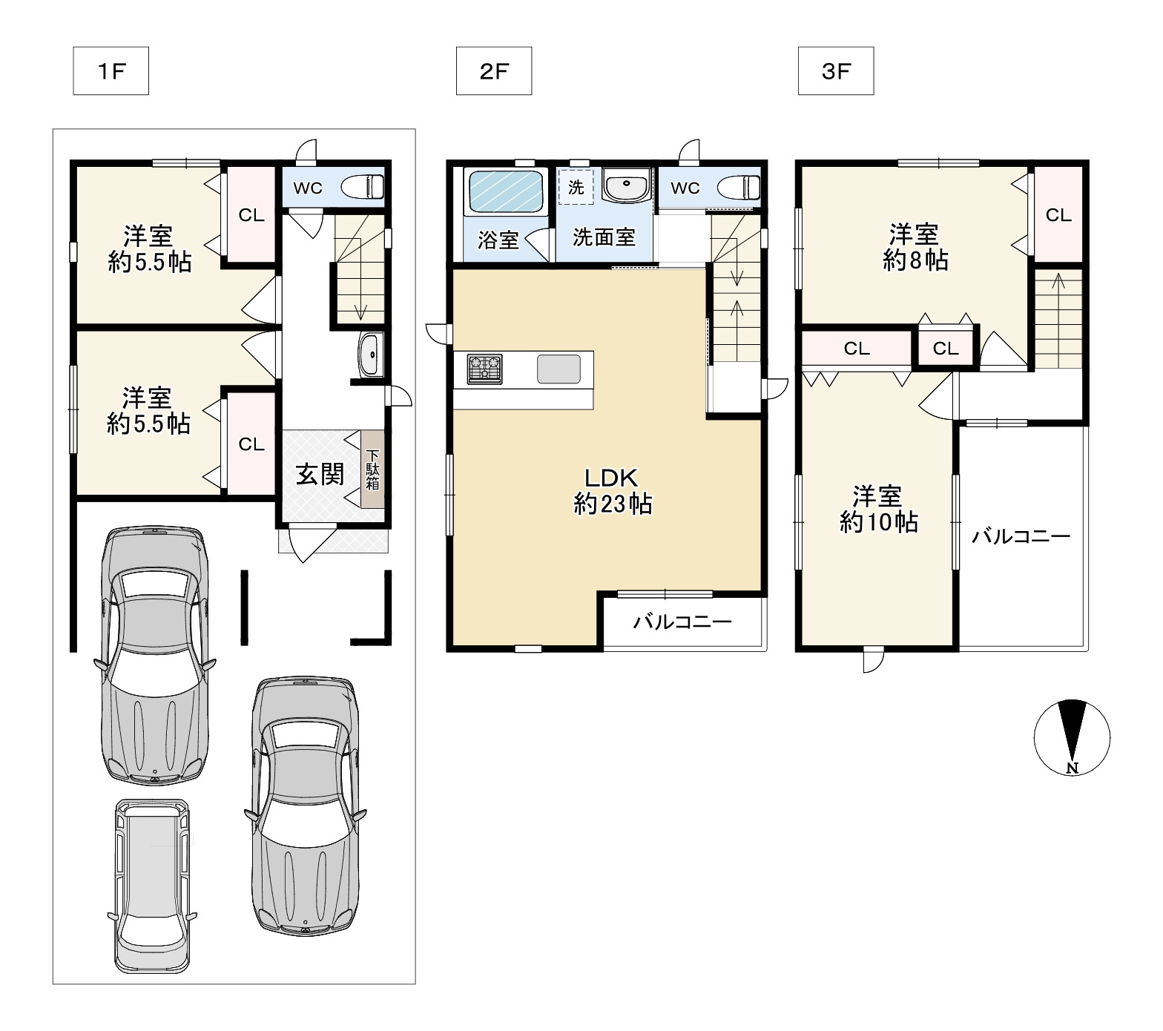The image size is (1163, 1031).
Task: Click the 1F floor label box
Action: click(x=111, y=71)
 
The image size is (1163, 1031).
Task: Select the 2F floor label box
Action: click(x=494, y=71)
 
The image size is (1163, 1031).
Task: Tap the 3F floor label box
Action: click(x=836, y=71)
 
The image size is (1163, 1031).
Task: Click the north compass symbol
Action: click(x=1072, y=737)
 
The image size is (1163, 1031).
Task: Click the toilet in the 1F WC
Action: click(x=362, y=187)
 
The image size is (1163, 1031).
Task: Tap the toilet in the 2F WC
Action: click(x=739, y=187)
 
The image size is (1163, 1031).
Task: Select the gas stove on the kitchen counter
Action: click(x=484, y=369)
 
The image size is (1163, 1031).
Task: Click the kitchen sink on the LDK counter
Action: click(x=559, y=369)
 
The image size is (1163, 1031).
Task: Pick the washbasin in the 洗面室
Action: click(x=627, y=185)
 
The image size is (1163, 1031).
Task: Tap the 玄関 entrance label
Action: click(x=320, y=474)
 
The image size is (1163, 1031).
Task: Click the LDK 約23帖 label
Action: click(x=613, y=491)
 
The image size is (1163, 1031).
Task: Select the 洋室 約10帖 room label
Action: click(x=878, y=509)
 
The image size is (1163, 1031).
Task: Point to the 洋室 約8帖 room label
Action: click(x=915, y=248)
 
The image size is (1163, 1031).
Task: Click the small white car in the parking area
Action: click(x=153, y=886)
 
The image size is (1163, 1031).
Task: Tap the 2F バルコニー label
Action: click(x=682, y=622)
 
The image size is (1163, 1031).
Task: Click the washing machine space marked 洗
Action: click(x=576, y=188)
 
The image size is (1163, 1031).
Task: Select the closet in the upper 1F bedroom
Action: click(x=251, y=214)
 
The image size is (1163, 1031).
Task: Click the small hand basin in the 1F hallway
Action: click(x=369, y=355)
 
